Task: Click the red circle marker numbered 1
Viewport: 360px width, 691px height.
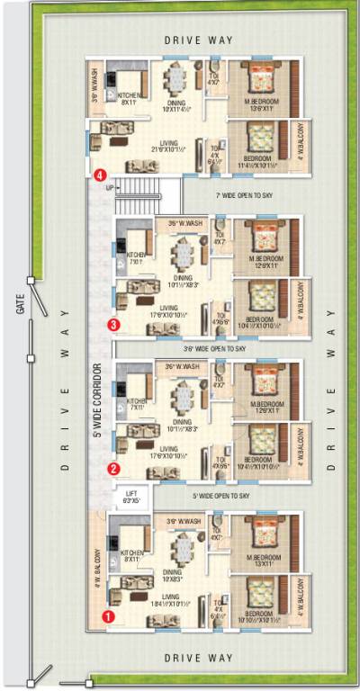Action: [108, 617]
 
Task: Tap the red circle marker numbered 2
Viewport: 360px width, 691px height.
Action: [113, 468]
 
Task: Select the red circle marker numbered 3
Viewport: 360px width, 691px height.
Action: [113, 325]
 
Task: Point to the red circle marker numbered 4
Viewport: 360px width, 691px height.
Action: [101, 176]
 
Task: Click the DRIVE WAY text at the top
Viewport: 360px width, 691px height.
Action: [198, 40]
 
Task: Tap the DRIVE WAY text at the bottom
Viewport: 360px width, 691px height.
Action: [198, 659]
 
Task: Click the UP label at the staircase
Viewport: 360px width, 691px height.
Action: [111, 188]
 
